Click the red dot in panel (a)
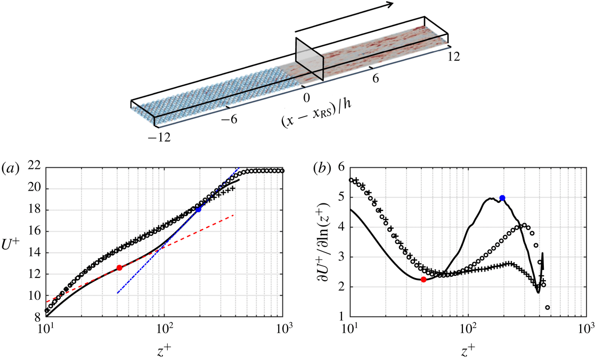pyautogui.click(x=119, y=267)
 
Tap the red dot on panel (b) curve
pyautogui.click(x=423, y=279)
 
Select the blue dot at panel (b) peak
pyautogui.click(x=502, y=198)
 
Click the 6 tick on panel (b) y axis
pyautogui.click(x=343, y=167)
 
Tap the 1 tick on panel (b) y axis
pyautogui.click(x=343, y=318)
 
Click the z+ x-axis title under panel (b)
pyautogui.click(x=468, y=348)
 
